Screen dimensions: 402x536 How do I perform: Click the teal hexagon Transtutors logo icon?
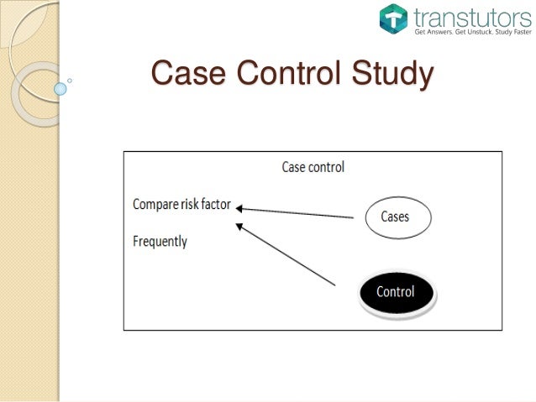[x=391, y=18]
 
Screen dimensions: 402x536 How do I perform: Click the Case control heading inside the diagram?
[x=313, y=167]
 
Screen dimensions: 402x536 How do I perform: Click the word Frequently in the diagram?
[x=160, y=242]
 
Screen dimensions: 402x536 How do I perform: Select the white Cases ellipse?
[x=396, y=217]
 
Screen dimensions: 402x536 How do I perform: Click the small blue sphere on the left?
[x=60, y=87]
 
